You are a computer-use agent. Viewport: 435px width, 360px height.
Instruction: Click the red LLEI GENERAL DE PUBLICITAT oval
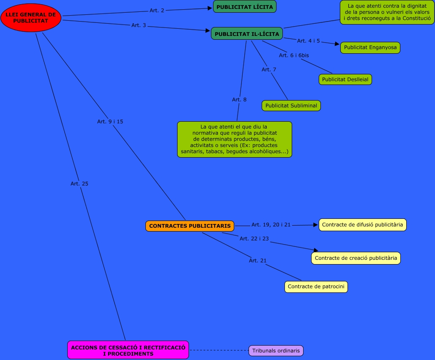tap(31, 18)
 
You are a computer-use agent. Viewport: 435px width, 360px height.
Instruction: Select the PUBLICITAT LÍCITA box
tap(245, 7)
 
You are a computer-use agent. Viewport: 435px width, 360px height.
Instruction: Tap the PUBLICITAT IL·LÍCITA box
tap(247, 34)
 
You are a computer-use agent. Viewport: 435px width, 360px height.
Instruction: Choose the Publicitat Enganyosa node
tap(370, 47)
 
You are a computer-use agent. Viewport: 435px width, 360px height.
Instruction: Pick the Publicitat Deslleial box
tap(345, 79)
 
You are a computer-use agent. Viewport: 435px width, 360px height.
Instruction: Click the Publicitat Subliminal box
tap(291, 106)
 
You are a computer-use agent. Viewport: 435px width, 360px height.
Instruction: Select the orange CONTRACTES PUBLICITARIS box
tap(190, 226)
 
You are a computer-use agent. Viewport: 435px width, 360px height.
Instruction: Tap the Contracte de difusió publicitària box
tap(362, 225)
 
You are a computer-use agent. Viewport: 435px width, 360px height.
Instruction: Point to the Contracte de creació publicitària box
tap(356, 258)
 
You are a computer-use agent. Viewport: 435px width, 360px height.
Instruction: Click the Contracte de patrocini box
tap(316, 286)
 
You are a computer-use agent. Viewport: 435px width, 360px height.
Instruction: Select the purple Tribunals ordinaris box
tap(276, 351)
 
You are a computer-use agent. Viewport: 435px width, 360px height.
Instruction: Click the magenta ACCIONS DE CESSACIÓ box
tap(128, 350)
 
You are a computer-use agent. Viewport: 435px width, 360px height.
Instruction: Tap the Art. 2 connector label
tap(157, 11)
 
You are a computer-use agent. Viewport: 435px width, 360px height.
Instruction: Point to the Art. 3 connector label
tap(139, 25)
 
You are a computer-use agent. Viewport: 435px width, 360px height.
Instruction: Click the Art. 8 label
tap(239, 100)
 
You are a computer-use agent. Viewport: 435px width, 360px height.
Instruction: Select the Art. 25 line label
tap(79, 184)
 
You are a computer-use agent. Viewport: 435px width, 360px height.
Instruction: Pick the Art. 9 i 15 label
tap(110, 122)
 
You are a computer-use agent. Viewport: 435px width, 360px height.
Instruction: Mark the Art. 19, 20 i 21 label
tap(271, 225)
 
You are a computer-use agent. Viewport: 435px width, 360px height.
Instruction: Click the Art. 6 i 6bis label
tap(294, 55)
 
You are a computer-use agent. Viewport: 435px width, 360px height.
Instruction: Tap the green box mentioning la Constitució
tap(387, 12)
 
